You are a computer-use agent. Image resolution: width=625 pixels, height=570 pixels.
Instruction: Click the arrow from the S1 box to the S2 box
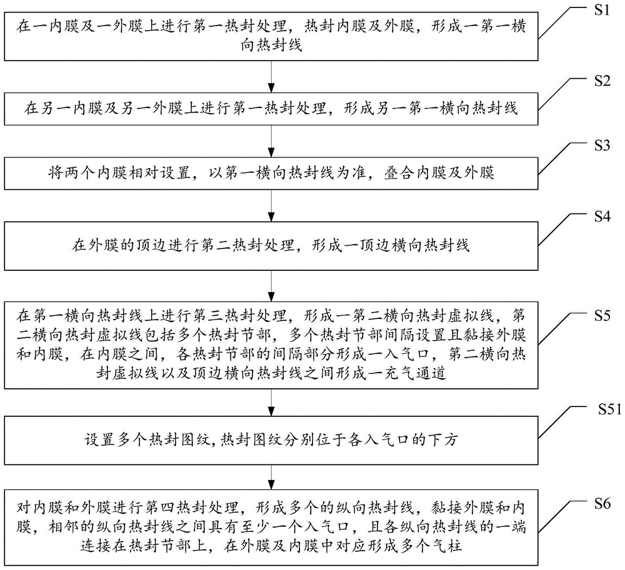tap(271, 76)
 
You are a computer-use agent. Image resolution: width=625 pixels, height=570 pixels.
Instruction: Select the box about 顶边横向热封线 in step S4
tap(271, 246)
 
